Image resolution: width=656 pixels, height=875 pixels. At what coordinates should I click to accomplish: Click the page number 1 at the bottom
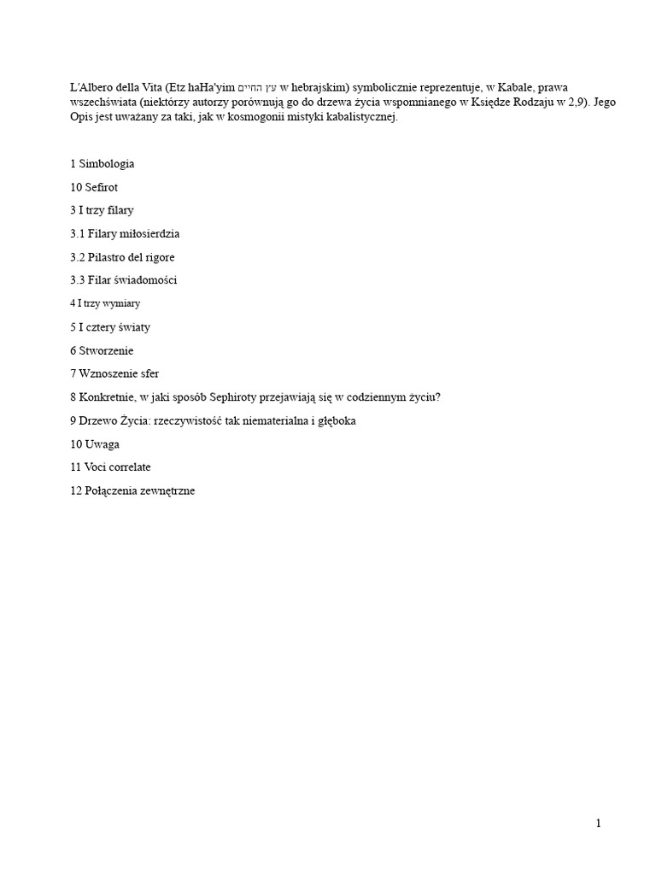(x=599, y=824)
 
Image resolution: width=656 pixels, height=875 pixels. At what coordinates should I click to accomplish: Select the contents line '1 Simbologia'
(x=102, y=163)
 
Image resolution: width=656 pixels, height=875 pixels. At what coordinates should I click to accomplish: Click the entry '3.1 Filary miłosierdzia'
(x=125, y=233)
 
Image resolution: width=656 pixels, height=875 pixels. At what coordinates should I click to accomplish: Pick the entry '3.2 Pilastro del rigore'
(x=122, y=256)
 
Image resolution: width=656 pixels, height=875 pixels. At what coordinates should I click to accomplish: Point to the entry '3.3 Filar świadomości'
(x=124, y=279)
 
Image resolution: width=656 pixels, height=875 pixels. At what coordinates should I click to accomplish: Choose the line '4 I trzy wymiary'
(x=105, y=303)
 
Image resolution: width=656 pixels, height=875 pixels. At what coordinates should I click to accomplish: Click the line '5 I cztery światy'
(x=110, y=326)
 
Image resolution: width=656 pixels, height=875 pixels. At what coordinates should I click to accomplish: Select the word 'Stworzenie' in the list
(x=107, y=350)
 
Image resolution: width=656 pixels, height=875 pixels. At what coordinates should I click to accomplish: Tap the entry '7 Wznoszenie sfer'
(x=114, y=373)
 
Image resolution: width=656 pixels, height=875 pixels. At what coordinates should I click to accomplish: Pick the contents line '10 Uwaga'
(x=95, y=444)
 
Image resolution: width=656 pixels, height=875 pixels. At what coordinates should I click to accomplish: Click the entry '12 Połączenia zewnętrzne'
(x=132, y=491)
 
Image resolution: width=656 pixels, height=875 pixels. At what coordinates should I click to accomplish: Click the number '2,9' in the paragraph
(x=575, y=103)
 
